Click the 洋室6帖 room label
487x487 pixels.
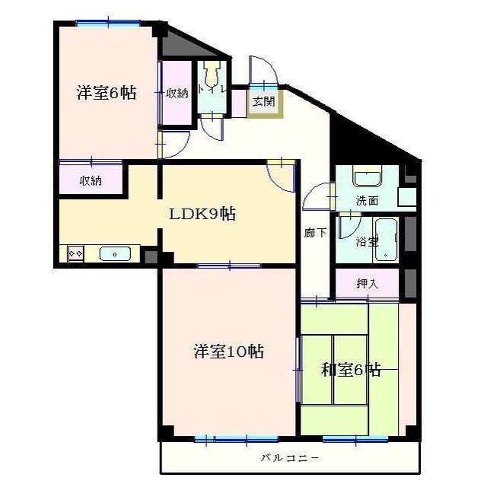click(107, 94)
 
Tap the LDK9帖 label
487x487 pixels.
click(202, 215)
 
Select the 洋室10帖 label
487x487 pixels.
click(228, 352)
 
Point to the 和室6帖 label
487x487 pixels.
click(350, 371)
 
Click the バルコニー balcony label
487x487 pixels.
click(290, 458)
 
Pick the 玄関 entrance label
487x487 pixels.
click(264, 101)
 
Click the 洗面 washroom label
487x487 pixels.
click(368, 202)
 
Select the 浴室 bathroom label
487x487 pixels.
click(367, 241)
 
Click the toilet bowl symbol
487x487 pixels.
click(212, 75)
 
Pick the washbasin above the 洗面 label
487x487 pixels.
click(369, 180)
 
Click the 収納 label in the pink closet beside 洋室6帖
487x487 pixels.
click(177, 94)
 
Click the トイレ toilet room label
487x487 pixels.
click(210, 90)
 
